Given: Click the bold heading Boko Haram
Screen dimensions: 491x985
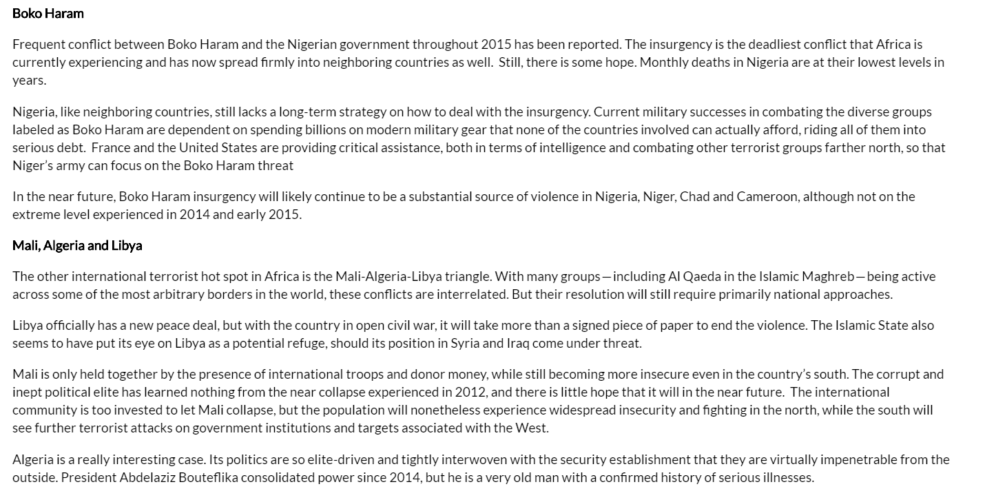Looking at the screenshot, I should coord(48,13).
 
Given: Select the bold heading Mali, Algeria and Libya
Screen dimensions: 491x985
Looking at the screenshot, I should coord(77,245).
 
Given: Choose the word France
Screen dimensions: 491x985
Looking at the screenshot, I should coord(111,147).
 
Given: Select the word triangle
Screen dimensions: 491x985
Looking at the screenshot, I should coord(468,276).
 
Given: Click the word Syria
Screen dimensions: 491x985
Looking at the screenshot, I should coord(466,343).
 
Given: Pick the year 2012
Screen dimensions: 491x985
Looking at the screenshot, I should coord(469,392).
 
